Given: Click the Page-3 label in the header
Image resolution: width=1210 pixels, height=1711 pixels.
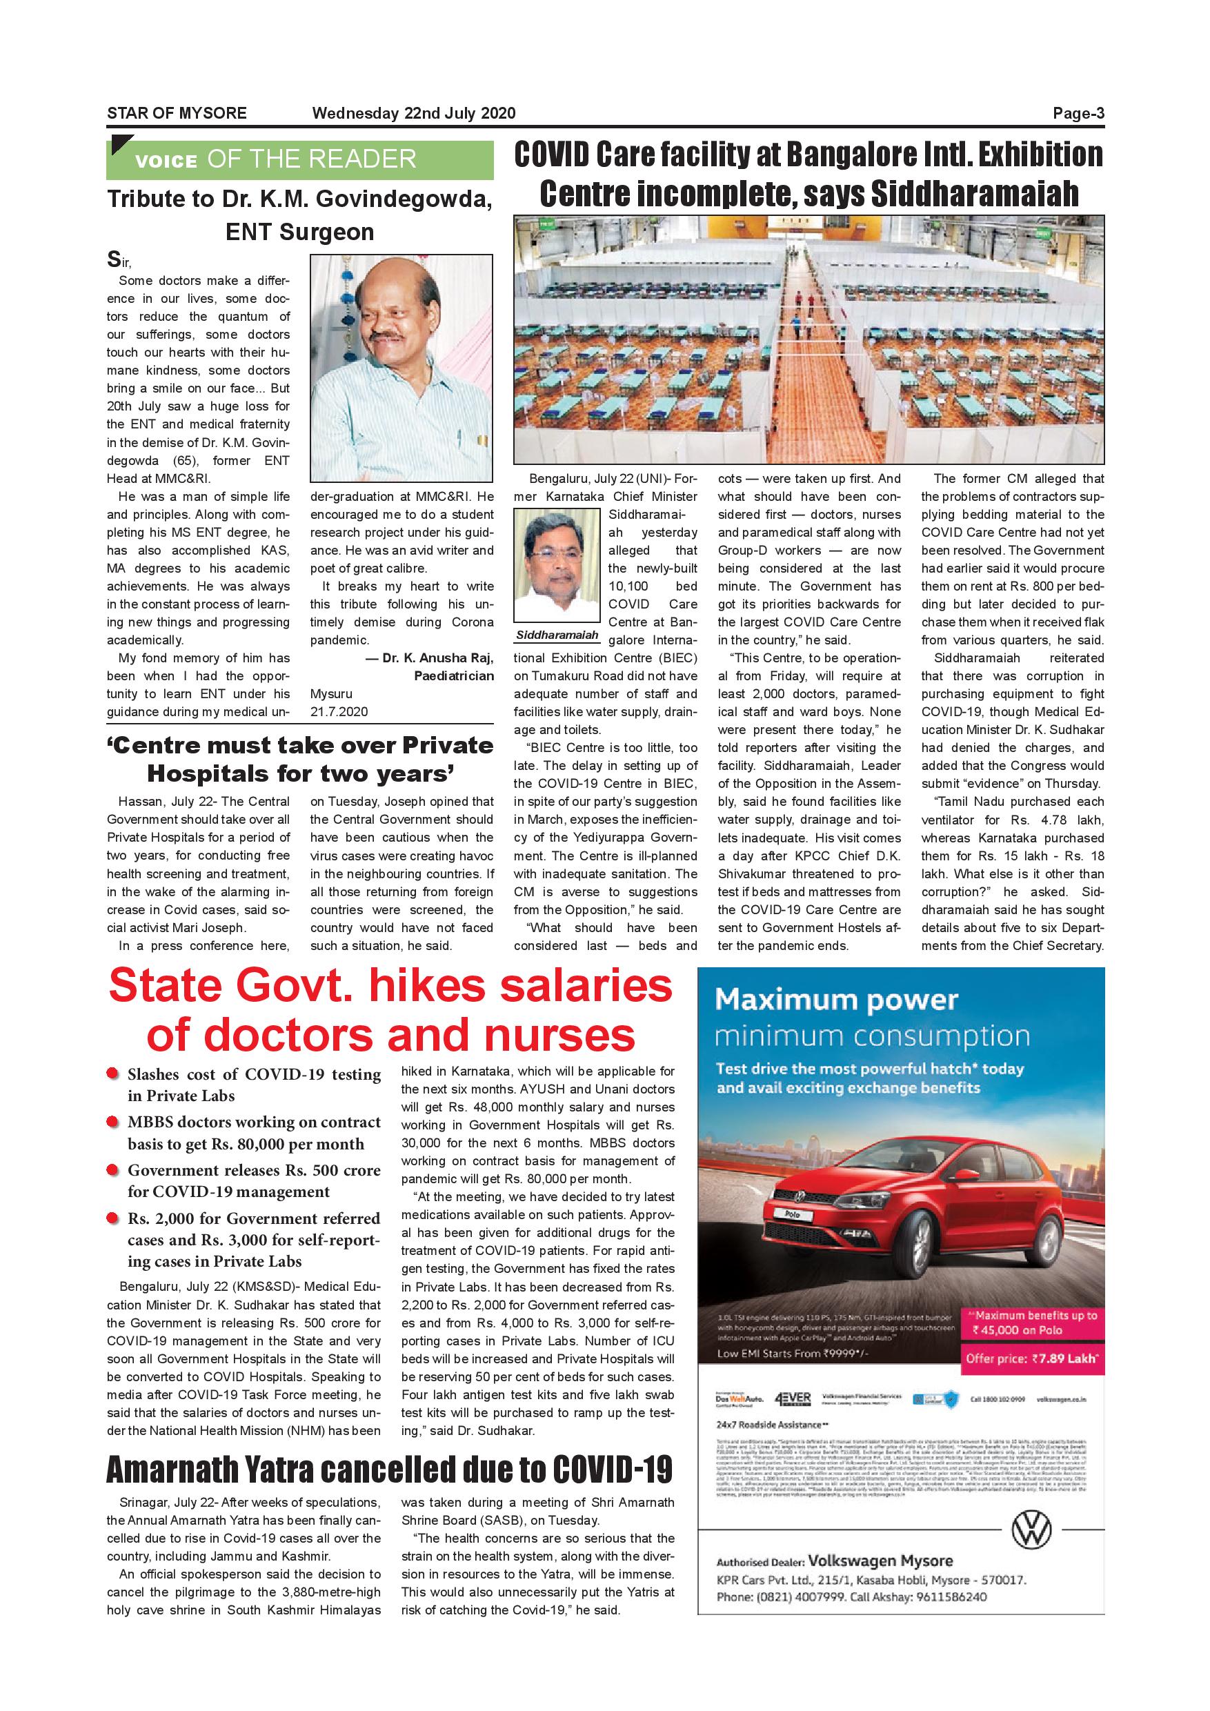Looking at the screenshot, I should point(1078,113).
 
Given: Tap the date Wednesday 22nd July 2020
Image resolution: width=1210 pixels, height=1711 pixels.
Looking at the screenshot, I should point(413,113).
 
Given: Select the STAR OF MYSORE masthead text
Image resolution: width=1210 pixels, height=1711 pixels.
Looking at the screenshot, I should point(177,113).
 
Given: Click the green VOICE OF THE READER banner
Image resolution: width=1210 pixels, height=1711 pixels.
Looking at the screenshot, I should point(299,159).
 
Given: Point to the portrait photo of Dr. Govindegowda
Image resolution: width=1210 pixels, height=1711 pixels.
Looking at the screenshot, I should point(401,368).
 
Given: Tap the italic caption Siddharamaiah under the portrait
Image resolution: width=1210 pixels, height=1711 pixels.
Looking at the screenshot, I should point(557,635).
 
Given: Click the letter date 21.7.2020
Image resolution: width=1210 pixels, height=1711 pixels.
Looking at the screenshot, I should point(339,712).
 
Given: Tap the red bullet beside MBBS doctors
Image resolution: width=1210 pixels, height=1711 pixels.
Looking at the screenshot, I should point(112,1122).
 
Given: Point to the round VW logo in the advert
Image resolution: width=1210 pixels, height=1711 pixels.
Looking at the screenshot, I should point(1031,1532).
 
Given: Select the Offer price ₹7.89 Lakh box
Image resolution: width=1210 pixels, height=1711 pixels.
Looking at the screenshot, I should point(1032,1358).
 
